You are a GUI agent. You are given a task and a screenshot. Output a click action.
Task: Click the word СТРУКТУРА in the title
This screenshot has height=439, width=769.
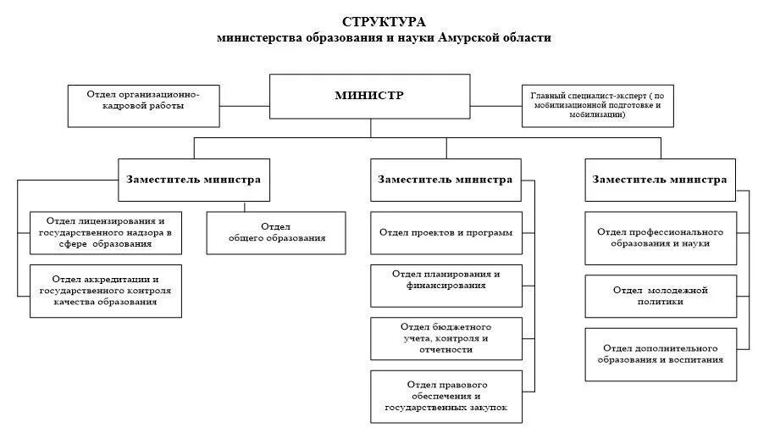coord(384,21)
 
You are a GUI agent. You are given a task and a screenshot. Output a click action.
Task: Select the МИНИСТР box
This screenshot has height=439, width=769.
coord(369,97)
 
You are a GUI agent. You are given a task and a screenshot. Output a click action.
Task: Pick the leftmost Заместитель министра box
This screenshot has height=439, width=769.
coord(194,181)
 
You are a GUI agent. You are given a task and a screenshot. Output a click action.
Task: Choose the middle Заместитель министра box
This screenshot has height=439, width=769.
coord(445,181)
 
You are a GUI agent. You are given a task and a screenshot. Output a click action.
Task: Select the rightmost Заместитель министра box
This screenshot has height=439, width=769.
coord(660,181)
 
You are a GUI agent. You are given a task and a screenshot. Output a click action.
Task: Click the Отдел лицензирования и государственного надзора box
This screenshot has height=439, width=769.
coord(106,231)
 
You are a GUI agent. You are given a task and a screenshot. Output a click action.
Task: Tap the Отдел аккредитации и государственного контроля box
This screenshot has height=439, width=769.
coord(106,290)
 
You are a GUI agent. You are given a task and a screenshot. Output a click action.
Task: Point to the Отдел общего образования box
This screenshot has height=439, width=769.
coord(277,231)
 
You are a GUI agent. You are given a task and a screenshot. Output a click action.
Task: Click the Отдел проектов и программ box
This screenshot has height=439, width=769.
coord(445,231)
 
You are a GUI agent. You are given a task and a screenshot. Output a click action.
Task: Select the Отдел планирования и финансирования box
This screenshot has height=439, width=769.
coord(445,280)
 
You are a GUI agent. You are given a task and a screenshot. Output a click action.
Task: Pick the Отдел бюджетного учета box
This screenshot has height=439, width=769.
coord(445,337)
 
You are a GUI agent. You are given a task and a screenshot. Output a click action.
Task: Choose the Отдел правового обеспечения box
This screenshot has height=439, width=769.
coord(445,396)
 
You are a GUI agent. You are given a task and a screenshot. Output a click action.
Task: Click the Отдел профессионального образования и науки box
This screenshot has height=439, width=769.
coord(660,237)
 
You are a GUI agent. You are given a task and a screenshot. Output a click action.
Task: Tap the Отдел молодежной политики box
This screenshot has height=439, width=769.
coord(660,296)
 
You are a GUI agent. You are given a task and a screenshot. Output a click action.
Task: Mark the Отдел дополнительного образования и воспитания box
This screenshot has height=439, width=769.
coord(660,354)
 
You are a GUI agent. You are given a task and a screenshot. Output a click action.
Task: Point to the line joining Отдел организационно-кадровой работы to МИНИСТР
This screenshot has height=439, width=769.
coord(246,106)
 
